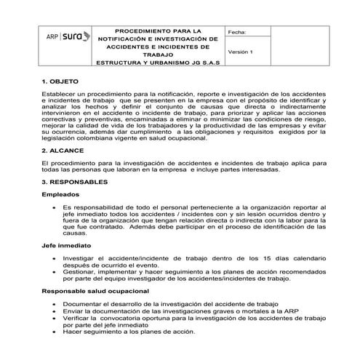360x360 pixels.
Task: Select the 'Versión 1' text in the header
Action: [x=241, y=53]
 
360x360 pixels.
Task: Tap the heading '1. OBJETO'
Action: [x=64, y=82]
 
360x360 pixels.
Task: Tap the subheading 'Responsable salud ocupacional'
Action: [x=95, y=290]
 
